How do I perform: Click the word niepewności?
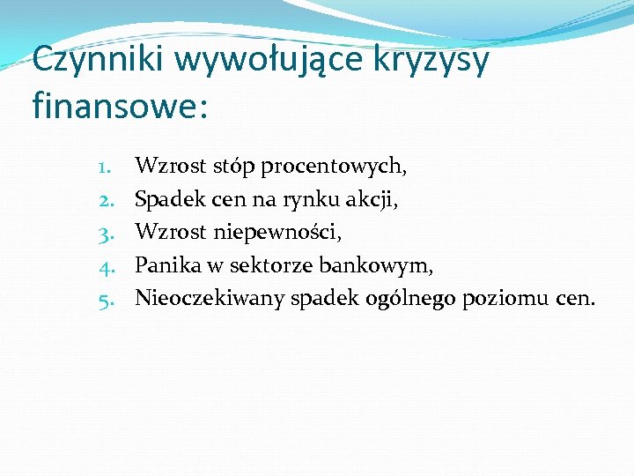(276, 232)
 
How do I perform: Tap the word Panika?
(166, 265)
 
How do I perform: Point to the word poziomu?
(506, 299)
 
